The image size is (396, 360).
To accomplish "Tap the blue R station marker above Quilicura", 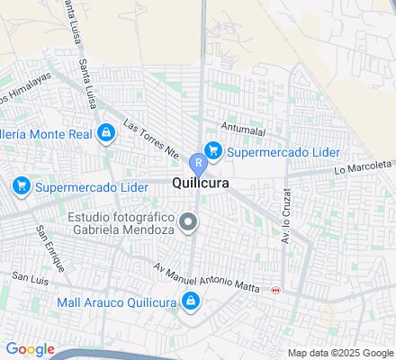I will tap(198, 163).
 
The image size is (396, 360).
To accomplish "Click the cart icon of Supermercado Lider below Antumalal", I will tap(213, 149).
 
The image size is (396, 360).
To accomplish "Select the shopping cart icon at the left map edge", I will tap(20, 186).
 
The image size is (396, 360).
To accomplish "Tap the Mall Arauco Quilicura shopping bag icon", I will tap(191, 301).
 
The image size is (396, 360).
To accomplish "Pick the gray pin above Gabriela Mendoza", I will tap(189, 220).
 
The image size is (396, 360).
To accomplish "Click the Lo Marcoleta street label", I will tap(364, 167).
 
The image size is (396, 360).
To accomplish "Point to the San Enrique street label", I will tap(50, 247).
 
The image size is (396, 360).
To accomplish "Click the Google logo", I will tap(30, 349).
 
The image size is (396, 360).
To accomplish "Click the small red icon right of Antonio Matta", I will tap(275, 290).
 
